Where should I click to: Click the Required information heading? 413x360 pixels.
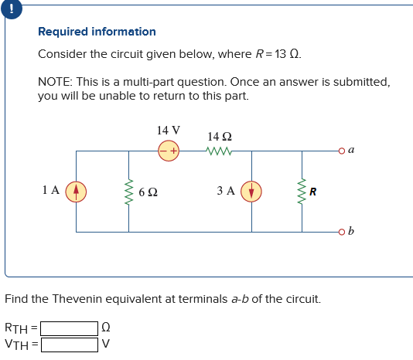[x=97, y=32]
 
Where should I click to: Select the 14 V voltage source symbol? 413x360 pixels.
[x=169, y=151]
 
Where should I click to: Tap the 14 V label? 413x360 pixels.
[x=168, y=131]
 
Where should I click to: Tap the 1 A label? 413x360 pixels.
[x=52, y=189]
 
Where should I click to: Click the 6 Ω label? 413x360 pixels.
[x=149, y=191]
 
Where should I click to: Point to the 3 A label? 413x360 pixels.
[x=227, y=190]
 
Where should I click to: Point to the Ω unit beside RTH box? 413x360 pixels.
[x=106, y=328]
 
